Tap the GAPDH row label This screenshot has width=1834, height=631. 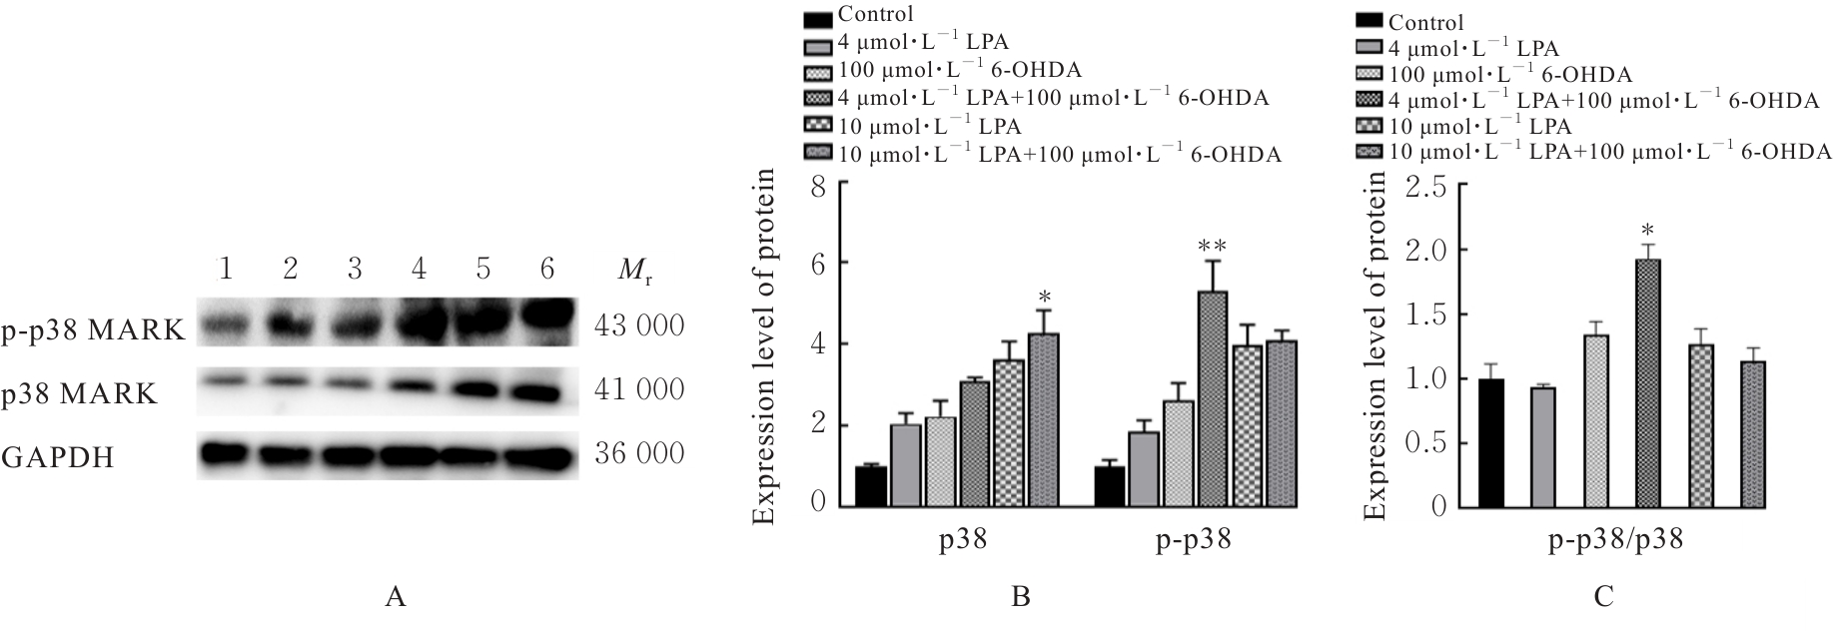click(58, 458)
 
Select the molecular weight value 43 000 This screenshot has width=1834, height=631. click(639, 326)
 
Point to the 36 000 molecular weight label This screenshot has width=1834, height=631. click(639, 453)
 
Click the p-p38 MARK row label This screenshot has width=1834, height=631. click(94, 329)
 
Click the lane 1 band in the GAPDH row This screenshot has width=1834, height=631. click(227, 454)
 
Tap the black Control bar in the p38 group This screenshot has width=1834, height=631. click(871, 485)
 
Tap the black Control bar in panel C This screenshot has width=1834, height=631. click(1491, 443)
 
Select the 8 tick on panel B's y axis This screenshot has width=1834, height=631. click(818, 183)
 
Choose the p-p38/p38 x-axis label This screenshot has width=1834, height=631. click(1616, 542)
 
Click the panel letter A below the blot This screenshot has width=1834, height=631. click(396, 598)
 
